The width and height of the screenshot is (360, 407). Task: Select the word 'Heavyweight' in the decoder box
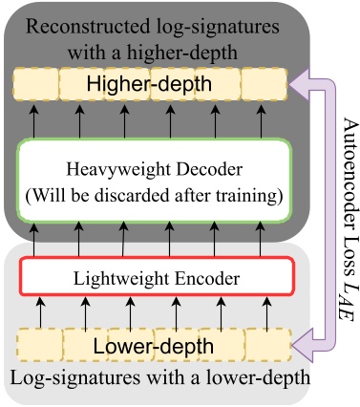click(114, 169)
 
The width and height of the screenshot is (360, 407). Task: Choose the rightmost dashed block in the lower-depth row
click(267, 344)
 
